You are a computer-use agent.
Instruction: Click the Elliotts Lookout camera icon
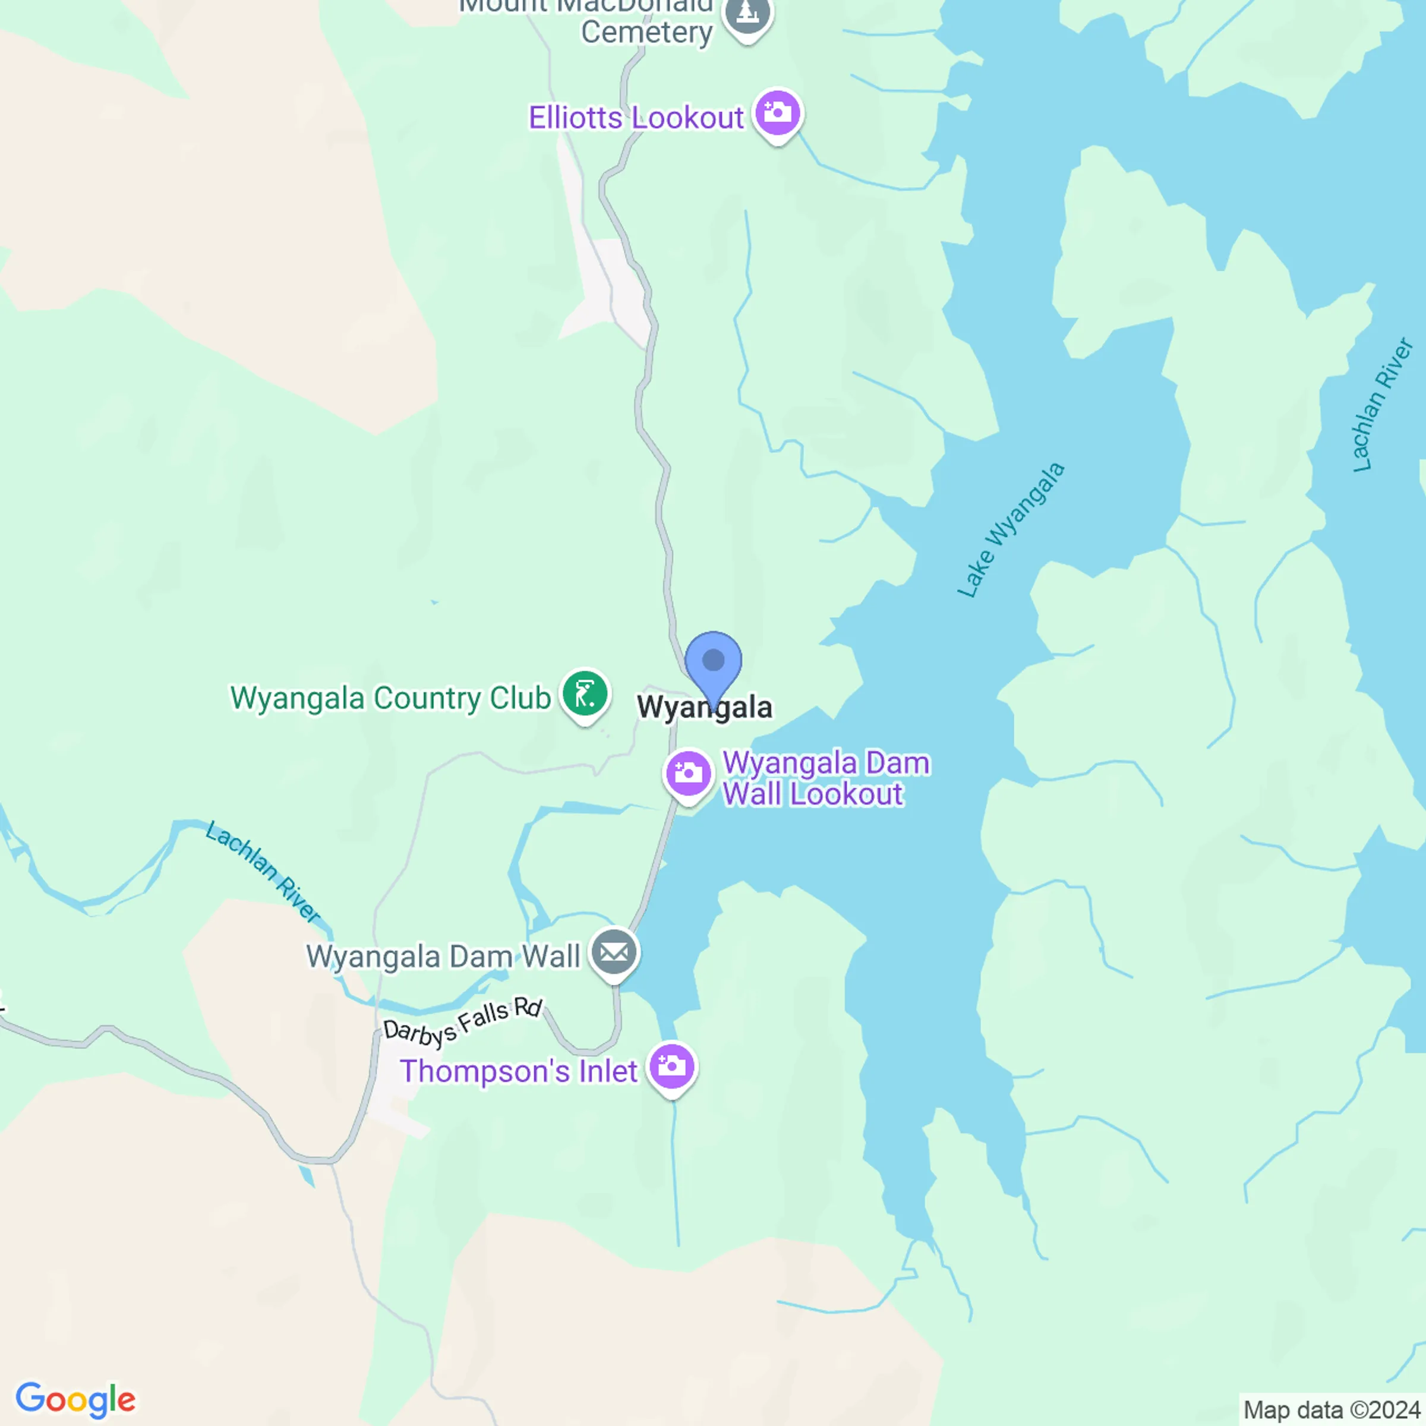[x=777, y=113]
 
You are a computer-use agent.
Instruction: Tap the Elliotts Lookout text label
[x=636, y=118]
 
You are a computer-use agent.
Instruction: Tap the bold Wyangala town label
[x=705, y=707]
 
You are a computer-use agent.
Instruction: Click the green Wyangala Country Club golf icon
[x=585, y=694]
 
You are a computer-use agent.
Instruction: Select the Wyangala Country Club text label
[x=390, y=698]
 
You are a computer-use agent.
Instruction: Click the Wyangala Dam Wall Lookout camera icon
[x=688, y=774]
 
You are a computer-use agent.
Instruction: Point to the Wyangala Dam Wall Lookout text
[x=825, y=779]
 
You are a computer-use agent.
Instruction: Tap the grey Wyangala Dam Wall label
[x=443, y=957]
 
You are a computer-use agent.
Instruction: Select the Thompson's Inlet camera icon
[x=671, y=1066]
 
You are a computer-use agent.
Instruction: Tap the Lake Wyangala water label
[x=1011, y=530]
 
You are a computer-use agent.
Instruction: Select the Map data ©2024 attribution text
[x=1331, y=1410]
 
